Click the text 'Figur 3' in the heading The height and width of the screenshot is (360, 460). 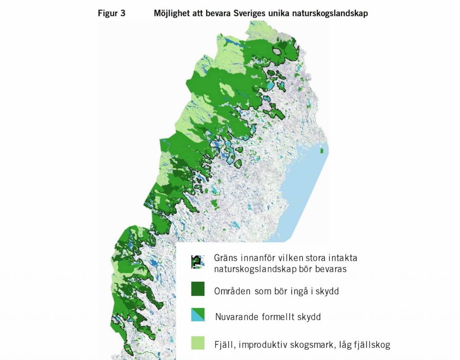click(x=111, y=13)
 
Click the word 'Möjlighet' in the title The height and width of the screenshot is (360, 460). click(x=171, y=13)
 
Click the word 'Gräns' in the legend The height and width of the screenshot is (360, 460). click(x=226, y=259)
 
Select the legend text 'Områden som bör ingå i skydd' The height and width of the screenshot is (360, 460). click(x=276, y=291)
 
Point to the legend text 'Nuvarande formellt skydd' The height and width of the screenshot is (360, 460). click(x=268, y=317)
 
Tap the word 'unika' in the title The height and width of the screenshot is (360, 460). click(x=269, y=13)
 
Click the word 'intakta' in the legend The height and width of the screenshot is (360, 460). click(x=343, y=259)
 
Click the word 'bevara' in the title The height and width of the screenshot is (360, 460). click(x=211, y=13)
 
